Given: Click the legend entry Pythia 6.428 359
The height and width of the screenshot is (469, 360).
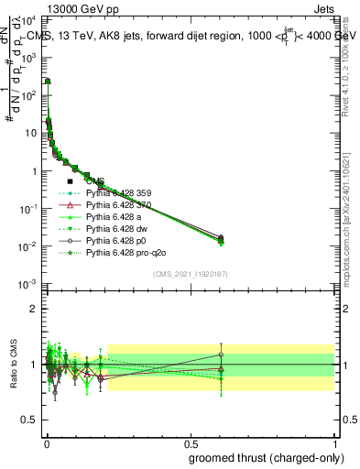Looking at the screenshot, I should pos(120,193).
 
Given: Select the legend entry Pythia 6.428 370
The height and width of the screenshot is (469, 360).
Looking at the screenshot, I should pos(120,205).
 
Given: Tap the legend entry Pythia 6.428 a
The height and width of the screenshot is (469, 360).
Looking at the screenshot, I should pos(115,216).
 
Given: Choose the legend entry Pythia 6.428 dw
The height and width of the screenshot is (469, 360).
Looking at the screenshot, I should pos(116,228).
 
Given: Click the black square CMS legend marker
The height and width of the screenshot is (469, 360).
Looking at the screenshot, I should pos(70,181).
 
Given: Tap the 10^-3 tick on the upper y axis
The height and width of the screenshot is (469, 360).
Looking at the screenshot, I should pos(29,285).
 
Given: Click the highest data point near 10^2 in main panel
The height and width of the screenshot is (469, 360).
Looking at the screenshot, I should pos(48,81).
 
